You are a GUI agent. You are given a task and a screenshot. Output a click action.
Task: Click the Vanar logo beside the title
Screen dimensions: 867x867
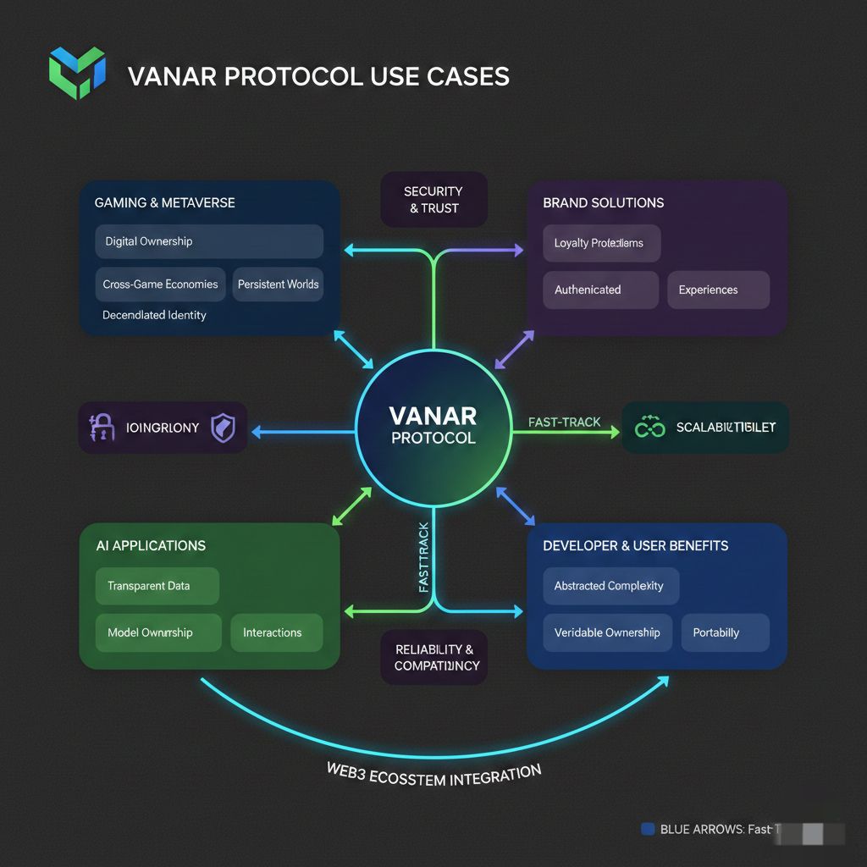point(76,74)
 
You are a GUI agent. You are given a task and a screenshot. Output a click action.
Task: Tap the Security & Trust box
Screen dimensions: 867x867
point(433,200)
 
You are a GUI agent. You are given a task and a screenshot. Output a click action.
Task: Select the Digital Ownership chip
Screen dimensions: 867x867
point(209,241)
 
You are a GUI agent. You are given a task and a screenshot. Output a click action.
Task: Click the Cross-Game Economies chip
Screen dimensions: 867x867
point(160,284)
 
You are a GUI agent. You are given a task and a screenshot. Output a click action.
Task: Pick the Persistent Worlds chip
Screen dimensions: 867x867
point(278,284)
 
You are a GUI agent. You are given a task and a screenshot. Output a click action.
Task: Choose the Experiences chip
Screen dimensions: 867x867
point(718,290)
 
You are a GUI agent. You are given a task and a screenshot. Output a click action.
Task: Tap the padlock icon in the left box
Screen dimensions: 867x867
point(102,428)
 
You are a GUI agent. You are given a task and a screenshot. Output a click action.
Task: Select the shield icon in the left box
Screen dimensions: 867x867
point(223,428)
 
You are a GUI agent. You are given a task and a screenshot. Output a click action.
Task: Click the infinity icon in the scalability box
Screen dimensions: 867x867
point(650,428)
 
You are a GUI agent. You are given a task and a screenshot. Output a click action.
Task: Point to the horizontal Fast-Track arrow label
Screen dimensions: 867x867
point(564,422)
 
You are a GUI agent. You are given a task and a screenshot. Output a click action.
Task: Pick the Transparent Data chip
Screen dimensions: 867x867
point(157,586)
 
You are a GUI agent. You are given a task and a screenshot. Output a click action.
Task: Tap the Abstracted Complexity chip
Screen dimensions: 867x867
point(610,586)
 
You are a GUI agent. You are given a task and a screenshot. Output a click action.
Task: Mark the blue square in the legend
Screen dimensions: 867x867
point(649,830)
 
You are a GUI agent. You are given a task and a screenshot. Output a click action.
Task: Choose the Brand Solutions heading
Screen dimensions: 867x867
point(603,203)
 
